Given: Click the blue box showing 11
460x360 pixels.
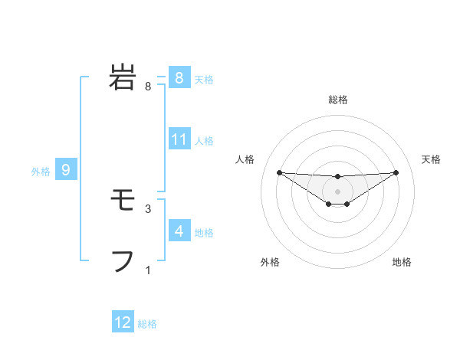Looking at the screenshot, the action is point(179,139).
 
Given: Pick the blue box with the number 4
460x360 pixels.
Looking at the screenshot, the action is point(179,231).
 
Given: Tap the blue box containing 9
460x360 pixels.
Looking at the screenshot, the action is point(66,170).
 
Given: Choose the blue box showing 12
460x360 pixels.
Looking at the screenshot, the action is point(123,322).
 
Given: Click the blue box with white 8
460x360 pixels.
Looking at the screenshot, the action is point(179,77).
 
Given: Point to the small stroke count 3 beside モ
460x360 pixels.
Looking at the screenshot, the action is point(148,208).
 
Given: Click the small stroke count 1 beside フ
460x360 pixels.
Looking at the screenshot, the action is point(148,270).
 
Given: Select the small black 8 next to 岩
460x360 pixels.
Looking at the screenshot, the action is point(148,86).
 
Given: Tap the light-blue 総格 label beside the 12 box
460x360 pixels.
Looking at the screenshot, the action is point(147,324).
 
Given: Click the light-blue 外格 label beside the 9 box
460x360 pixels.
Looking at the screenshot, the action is point(41,172).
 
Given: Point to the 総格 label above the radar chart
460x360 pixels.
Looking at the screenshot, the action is point(337,100).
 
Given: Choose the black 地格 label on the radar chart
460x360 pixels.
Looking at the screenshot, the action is point(402,262).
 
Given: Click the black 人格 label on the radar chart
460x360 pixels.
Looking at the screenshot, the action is point(245,159).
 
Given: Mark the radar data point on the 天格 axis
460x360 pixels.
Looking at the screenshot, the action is point(396,172).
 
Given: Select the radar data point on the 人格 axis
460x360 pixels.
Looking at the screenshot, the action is point(279,172).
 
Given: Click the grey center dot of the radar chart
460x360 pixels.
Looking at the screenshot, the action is point(337,191).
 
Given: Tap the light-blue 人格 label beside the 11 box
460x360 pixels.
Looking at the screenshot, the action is point(204,141).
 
